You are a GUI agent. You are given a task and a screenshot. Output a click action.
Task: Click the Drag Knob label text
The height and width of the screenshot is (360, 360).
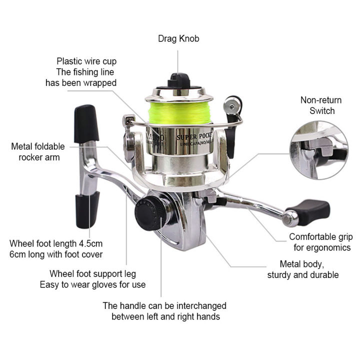(x=178, y=38)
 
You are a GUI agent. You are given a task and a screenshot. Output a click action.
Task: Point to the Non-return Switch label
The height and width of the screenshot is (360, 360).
(x=317, y=105)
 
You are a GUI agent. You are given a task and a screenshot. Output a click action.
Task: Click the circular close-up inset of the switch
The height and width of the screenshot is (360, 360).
(x=318, y=149)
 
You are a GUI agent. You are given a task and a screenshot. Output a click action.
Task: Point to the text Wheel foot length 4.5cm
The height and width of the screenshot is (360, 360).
(x=55, y=243)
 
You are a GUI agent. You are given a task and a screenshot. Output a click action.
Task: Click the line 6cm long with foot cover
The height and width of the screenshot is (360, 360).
(x=55, y=254)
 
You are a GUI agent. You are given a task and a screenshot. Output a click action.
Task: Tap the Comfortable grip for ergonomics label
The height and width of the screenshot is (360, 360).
(x=320, y=242)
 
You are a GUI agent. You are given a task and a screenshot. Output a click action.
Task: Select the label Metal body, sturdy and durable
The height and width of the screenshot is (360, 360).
(x=303, y=269)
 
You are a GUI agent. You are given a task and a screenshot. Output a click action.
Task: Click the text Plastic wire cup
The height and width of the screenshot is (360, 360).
(x=86, y=61)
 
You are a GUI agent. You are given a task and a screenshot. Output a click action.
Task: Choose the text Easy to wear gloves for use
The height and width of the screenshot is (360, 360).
(x=92, y=285)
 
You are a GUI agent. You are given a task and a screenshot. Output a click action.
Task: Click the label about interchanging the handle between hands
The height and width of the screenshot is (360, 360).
(x=164, y=311)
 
